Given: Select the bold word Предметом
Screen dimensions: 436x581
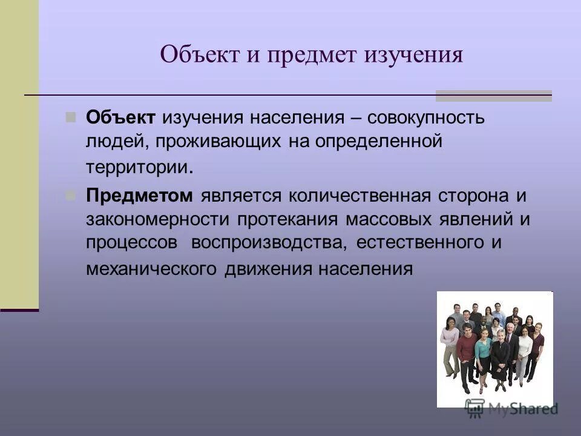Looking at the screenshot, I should [x=139, y=196].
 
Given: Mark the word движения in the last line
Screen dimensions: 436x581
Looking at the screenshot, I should [x=268, y=268].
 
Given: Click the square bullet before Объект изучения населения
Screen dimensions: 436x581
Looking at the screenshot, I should [x=71, y=116].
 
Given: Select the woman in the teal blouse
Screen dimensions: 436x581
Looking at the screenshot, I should [x=483, y=354].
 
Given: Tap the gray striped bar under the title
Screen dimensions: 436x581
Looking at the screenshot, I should [x=494, y=96].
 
